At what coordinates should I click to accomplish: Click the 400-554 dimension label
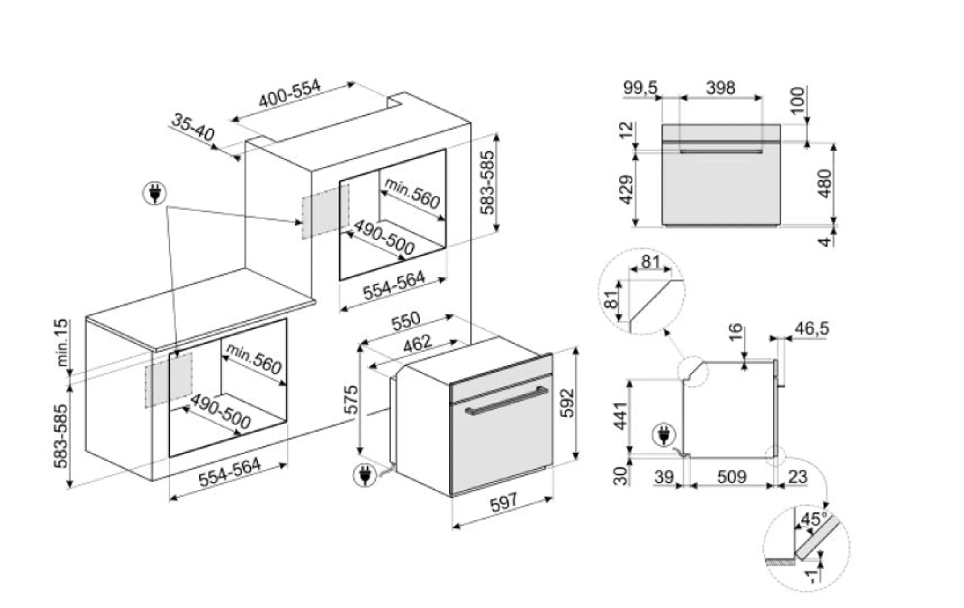click(x=290, y=93)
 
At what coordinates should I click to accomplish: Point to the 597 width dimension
click(x=504, y=503)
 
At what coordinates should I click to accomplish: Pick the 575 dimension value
click(x=352, y=399)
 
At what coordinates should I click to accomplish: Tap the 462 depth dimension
click(x=418, y=343)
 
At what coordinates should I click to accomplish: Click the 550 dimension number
click(x=406, y=320)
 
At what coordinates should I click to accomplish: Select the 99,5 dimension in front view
click(x=640, y=88)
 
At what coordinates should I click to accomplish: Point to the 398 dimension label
click(x=721, y=88)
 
